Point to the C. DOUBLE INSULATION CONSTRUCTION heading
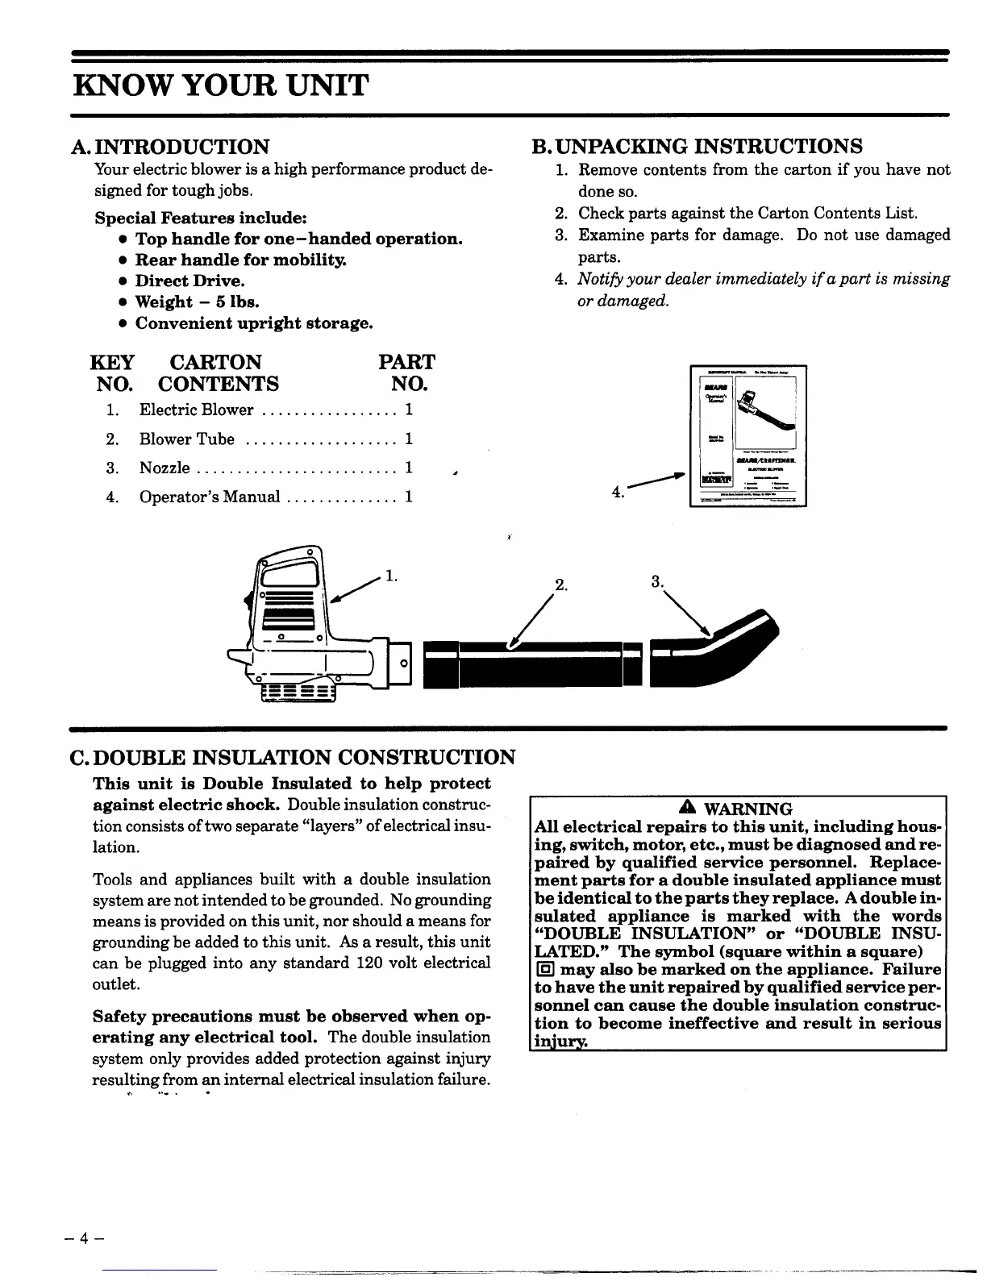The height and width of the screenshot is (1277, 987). click(x=295, y=758)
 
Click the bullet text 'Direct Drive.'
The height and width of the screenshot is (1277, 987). click(x=189, y=281)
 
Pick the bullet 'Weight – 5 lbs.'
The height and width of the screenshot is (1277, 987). click(x=197, y=302)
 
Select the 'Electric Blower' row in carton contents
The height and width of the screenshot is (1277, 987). click(x=196, y=410)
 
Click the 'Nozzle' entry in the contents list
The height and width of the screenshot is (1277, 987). click(x=164, y=468)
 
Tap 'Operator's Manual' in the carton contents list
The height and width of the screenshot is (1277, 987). click(x=210, y=497)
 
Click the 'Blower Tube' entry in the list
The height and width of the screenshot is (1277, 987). click(x=187, y=439)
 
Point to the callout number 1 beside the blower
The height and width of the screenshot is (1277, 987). click(x=391, y=576)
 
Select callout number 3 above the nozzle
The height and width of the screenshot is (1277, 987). click(x=657, y=581)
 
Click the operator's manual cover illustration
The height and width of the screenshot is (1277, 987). click(x=748, y=436)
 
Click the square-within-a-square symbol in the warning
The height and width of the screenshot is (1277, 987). click(x=543, y=970)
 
